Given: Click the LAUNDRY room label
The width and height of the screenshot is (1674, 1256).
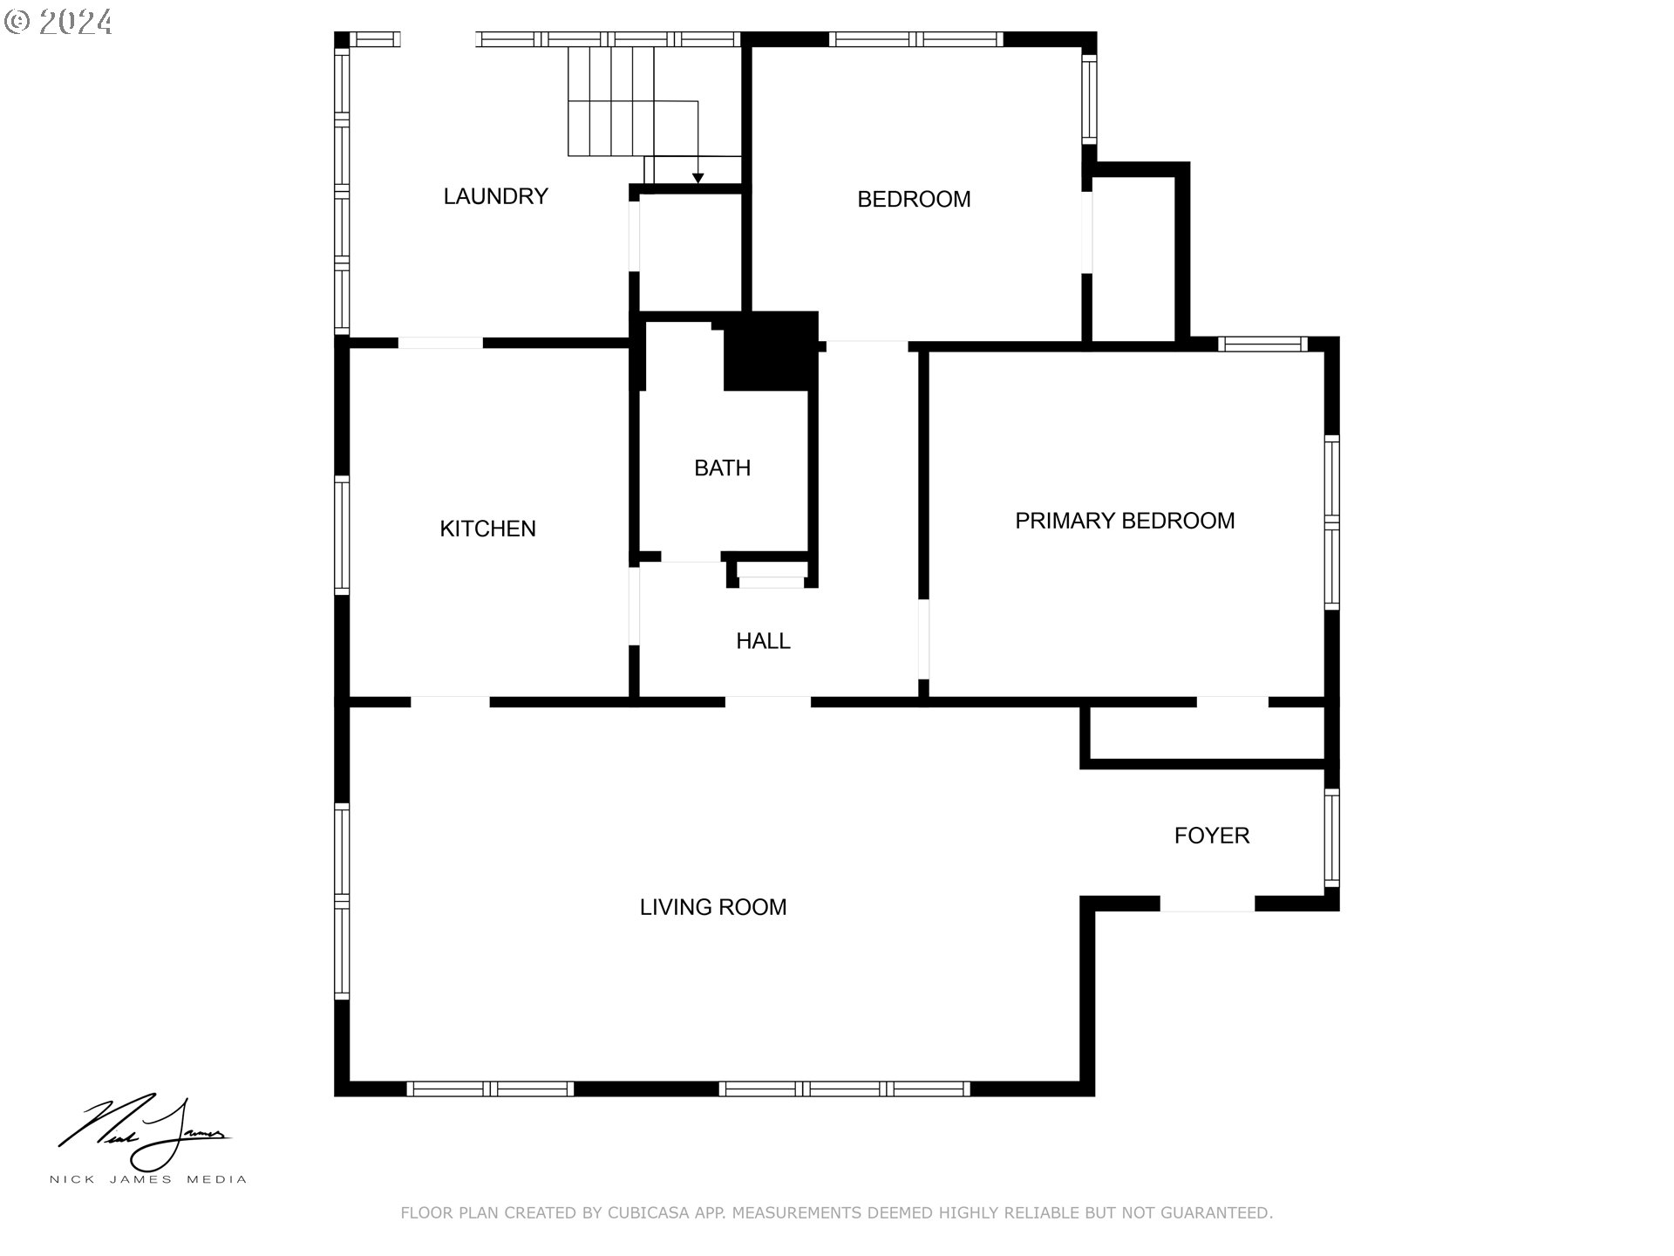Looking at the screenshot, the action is pyautogui.click(x=495, y=196).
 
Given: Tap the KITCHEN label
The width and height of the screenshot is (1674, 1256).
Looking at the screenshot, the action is pyautogui.click(x=487, y=529).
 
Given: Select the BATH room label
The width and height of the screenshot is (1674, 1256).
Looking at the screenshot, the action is pyautogui.click(x=722, y=468).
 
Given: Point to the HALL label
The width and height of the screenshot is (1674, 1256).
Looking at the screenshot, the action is pyautogui.click(x=763, y=641).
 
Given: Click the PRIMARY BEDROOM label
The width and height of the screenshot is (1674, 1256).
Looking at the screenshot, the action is pyautogui.click(x=1125, y=521).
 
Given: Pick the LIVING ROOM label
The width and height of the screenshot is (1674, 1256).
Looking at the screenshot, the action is pyautogui.click(x=713, y=907).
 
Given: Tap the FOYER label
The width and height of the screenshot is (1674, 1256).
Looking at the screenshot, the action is pyautogui.click(x=1212, y=836).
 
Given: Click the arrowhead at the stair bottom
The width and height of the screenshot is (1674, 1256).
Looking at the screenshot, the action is pyautogui.click(x=697, y=179).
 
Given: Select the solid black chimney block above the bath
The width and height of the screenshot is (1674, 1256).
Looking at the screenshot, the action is pyautogui.click(x=771, y=351).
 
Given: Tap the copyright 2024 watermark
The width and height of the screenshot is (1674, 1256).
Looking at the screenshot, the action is pyautogui.click(x=58, y=22).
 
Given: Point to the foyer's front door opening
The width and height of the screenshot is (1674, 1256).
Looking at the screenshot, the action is pyautogui.click(x=1207, y=904).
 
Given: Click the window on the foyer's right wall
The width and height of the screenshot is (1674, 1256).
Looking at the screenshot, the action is pyautogui.click(x=1331, y=838).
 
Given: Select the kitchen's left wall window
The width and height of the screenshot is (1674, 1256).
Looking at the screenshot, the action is pyautogui.click(x=342, y=536).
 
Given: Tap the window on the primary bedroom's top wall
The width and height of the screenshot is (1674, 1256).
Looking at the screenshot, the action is pyautogui.click(x=1262, y=344).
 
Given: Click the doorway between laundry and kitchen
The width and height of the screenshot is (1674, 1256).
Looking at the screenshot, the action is pyautogui.click(x=440, y=343).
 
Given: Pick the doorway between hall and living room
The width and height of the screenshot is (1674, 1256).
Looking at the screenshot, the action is pyautogui.click(x=768, y=702).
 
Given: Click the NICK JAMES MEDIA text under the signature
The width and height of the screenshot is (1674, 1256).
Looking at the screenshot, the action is pyautogui.click(x=148, y=1180).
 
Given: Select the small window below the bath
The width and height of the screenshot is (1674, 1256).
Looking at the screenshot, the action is pyautogui.click(x=772, y=582).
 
